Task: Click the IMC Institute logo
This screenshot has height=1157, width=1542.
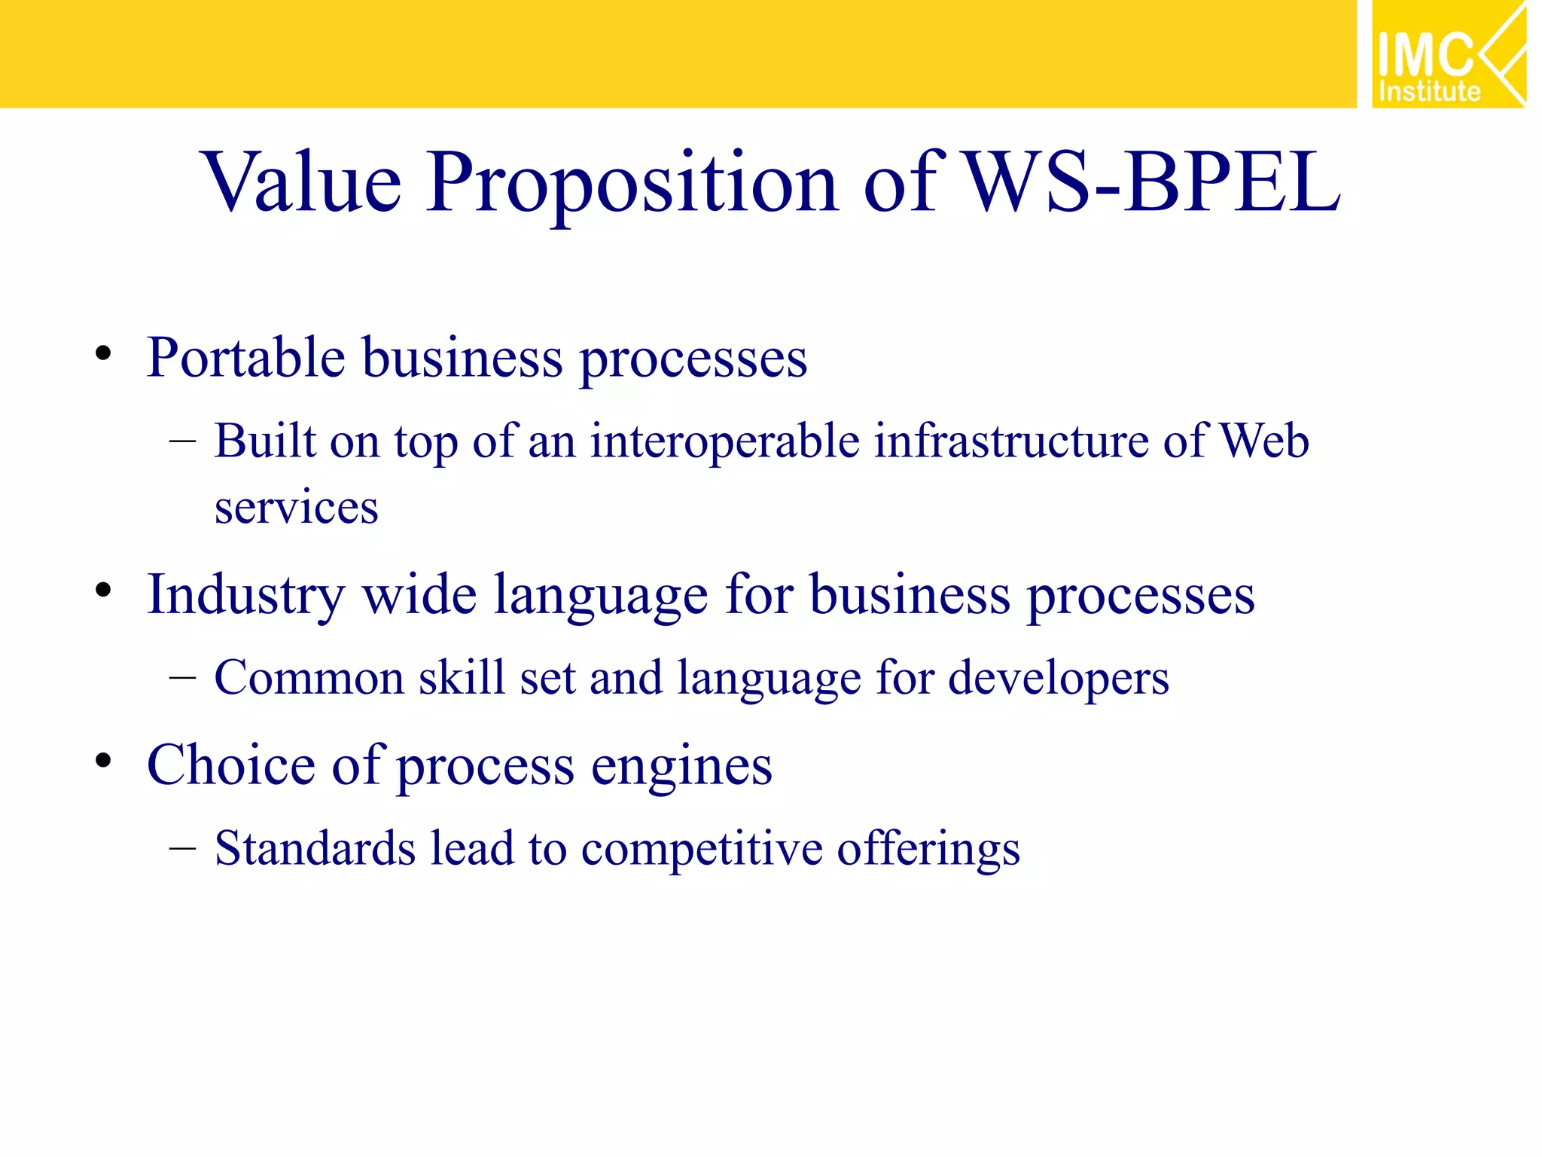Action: tap(1448, 54)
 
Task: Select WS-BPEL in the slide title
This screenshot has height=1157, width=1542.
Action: tap(1152, 182)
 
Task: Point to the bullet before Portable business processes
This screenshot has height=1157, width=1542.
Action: tap(103, 353)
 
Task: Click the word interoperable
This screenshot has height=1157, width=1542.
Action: tap(724, 441)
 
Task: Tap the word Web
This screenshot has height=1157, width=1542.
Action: tap(1264, 441)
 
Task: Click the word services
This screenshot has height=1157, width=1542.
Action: tap(296, 508)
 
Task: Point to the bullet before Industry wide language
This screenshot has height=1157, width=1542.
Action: tap(103, 590)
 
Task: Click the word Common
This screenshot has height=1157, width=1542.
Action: tap(309, 678)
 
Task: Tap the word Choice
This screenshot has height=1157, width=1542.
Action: tap(230, 765)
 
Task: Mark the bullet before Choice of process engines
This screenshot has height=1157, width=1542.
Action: tap(103, 760)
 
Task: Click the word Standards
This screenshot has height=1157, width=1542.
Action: tap(315, 848)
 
